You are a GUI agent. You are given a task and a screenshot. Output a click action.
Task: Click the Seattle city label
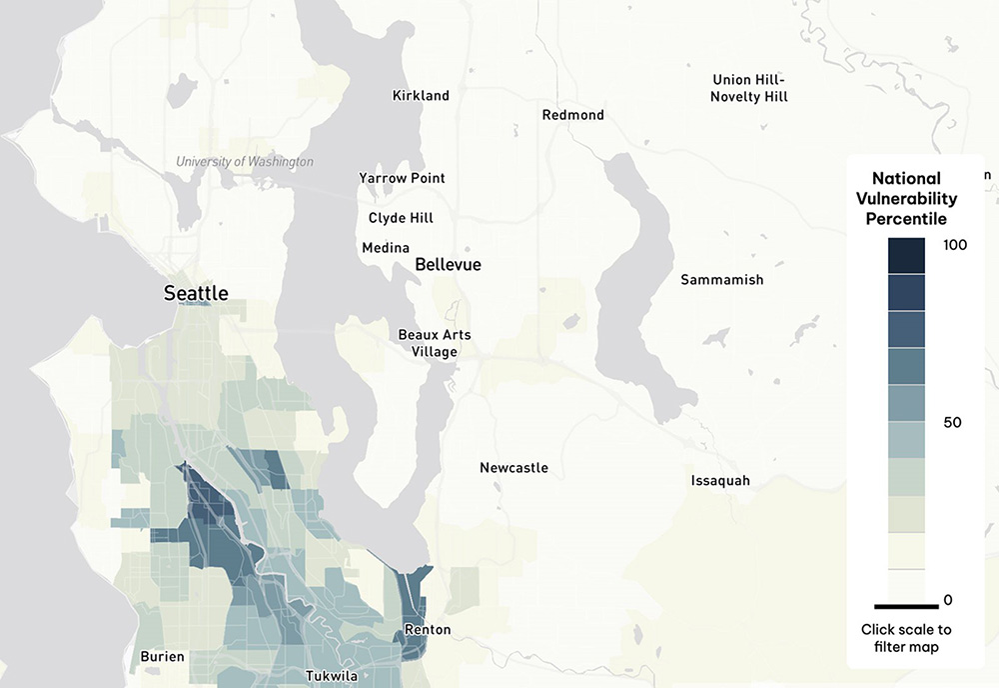coord(196,293)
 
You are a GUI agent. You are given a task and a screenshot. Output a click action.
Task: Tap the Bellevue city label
coord(448,265)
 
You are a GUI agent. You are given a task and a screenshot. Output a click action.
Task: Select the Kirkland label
coord(421,96)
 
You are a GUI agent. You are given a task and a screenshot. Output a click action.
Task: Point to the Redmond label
coord(572,115)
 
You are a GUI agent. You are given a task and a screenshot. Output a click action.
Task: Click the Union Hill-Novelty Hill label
coord(749,88)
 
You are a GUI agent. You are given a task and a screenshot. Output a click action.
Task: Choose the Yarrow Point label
coord(402,178)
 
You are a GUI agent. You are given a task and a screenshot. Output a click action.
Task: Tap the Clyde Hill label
coord(401,217)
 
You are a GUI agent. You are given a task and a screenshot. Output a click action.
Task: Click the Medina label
coord(386,248)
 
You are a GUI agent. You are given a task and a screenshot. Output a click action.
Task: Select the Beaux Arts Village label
coord(434,343)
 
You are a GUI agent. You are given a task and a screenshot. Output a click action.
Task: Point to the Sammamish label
coord(721,280)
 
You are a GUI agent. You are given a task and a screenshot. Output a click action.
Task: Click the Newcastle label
coord(513,468)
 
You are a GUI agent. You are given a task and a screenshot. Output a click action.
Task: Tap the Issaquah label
coord(720,481)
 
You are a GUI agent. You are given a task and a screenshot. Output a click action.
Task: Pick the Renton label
coord(427,630)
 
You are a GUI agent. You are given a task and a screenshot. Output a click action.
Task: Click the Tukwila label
coord(330,675)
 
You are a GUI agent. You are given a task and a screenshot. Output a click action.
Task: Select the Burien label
coord(161,657)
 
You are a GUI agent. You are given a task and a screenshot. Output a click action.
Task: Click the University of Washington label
coord(244,162)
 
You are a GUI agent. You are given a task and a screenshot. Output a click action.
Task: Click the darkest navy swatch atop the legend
coord(906,255)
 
